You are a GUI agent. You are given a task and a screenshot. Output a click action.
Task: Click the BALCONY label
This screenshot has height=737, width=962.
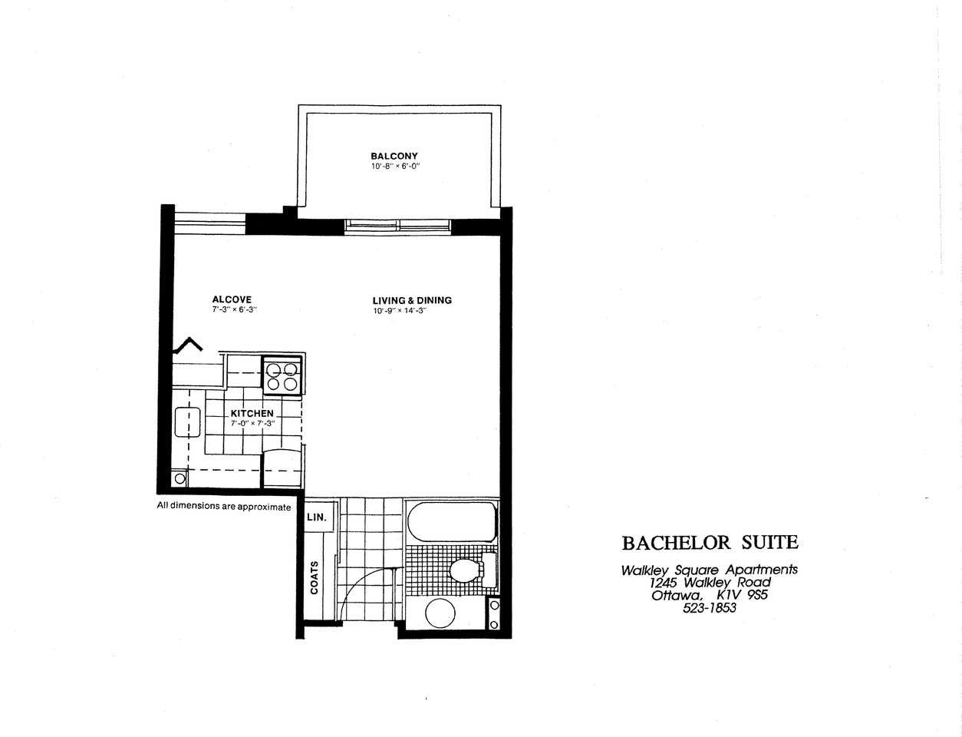pyautogui.click(x=394, y=156)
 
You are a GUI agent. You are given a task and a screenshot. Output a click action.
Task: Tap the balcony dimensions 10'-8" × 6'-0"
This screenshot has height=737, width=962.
pyautogui.click(x=394, y=166)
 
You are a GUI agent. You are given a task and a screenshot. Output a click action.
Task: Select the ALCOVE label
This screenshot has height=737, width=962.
pyautogui.click(x=232, y=299)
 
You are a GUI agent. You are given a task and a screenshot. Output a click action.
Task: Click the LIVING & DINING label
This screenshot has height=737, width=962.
pyautogui.click(x=412, y=300)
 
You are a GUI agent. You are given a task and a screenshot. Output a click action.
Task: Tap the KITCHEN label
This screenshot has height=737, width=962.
pyautogui.click(x=252, y=413)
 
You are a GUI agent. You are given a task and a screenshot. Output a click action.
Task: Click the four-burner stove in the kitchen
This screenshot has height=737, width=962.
pyautogui.click(x=282, y=376)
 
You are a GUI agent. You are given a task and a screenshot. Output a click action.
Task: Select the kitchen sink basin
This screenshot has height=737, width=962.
pyautogui.click(x=186, y=422)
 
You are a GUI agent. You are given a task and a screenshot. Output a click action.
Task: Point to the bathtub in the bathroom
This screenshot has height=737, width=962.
pyautogui.click(x=450, y=522)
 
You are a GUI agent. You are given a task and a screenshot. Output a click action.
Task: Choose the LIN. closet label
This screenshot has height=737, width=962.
pyautogui.click(x=317, y=517)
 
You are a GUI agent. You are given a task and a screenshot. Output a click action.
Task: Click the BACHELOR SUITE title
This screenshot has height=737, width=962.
pyautogui.click(x=710, y=543)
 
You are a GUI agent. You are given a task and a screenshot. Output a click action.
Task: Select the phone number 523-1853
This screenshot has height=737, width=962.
pyautogui.click(x=709, y=608)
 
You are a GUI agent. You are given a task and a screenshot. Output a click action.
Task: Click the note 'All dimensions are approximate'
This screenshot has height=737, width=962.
pyautogui.click(x=224, y=506)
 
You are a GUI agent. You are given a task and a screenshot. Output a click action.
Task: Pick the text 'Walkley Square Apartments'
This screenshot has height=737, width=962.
pyautogui.click(x=709, y=570)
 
